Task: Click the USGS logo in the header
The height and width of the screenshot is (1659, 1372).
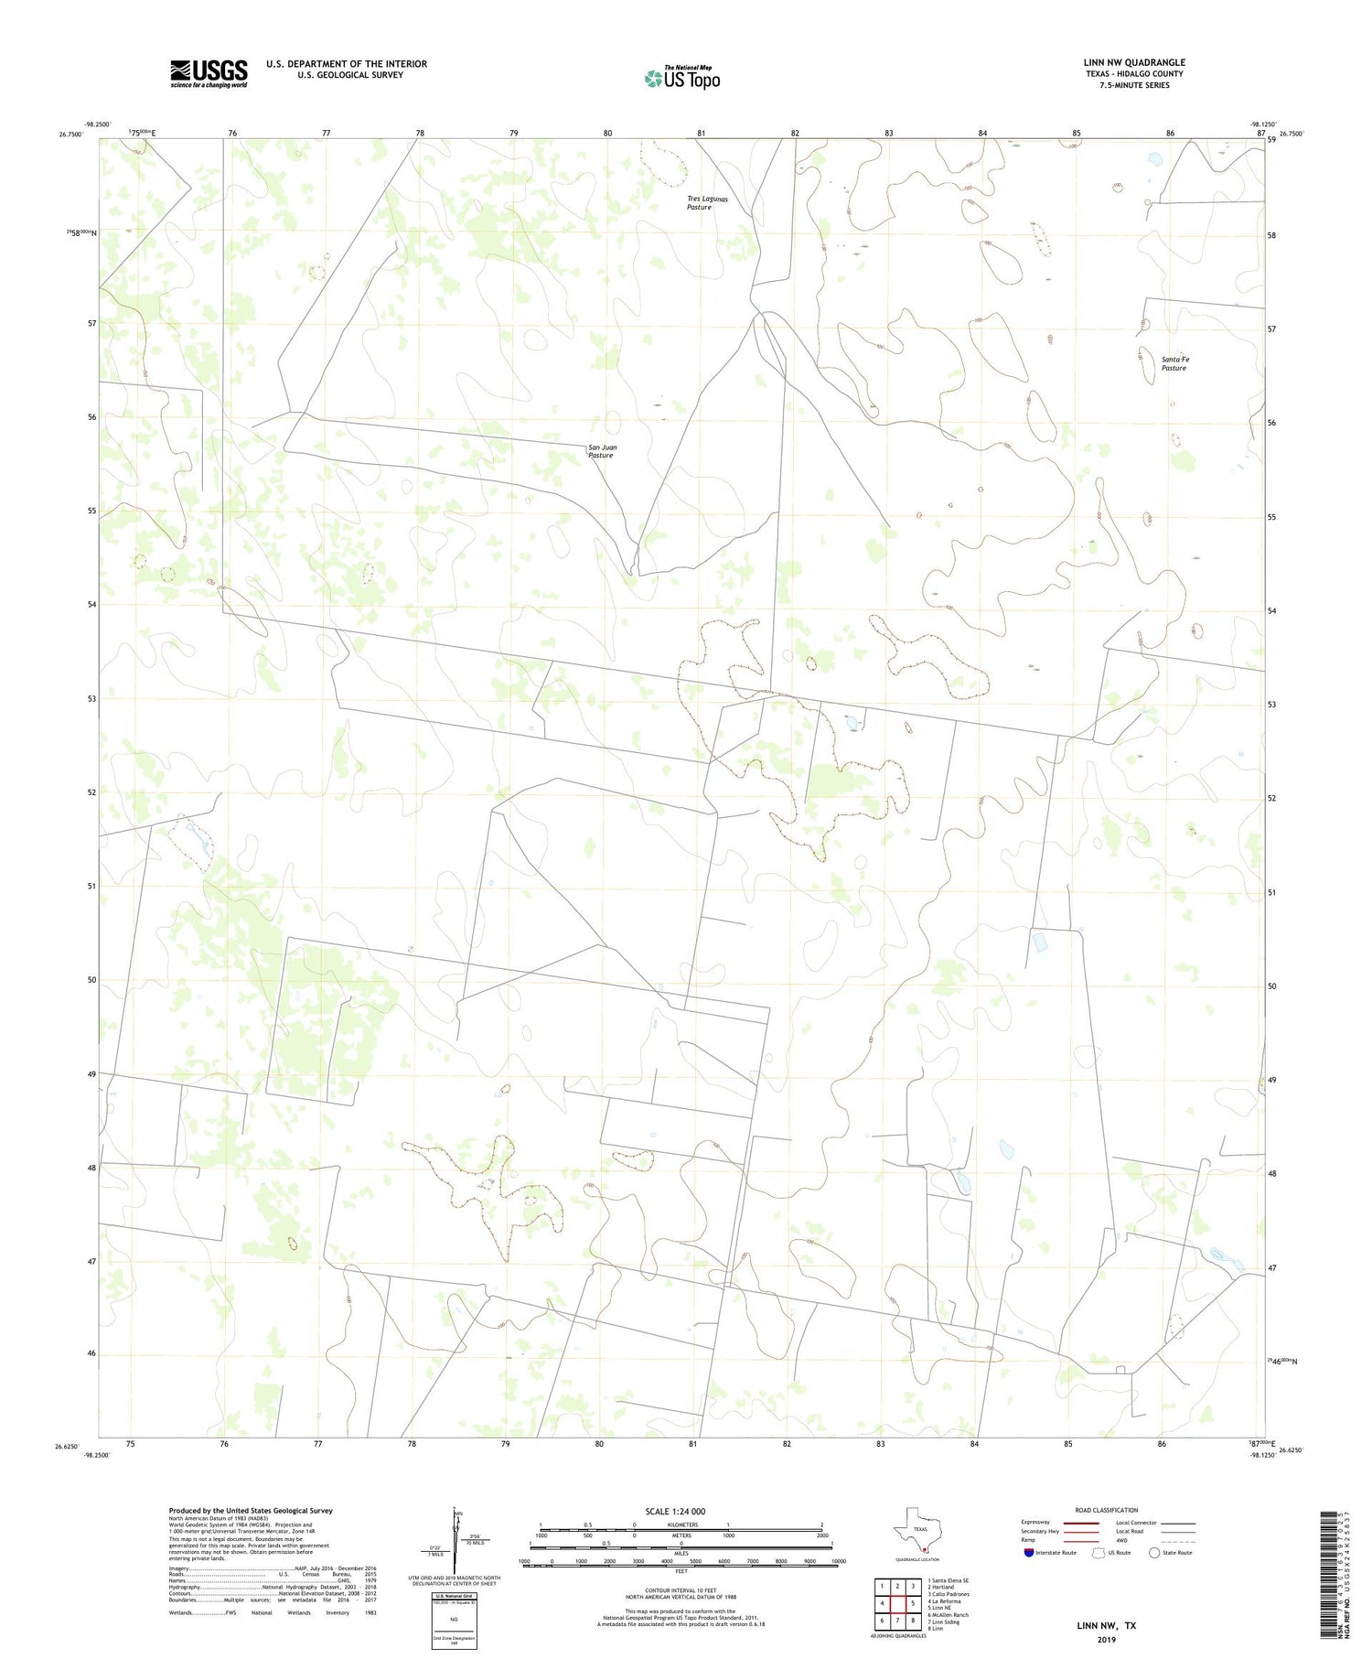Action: click(209, 73)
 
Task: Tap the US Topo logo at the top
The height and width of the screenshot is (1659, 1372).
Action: click(681, 79)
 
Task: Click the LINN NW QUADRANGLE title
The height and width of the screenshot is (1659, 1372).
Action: click(1133, 62)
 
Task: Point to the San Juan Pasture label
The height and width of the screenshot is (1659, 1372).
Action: click(601, 451)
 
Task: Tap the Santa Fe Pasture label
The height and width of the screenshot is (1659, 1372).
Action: click(1174, 363)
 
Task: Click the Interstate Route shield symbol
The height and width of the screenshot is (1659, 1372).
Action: click(1030, 1553)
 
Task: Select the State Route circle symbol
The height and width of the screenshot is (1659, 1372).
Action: click(1154, 1553)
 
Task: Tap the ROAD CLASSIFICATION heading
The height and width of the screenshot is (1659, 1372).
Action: click(1106, 1510)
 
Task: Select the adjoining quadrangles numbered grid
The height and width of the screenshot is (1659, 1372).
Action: click(896, 1603)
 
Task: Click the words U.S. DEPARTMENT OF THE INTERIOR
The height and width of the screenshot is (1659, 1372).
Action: click(347, 64)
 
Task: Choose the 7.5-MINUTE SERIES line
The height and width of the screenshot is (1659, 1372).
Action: click(1134, 85)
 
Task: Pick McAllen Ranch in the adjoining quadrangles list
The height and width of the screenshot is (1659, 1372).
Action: click(949, 1615)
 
